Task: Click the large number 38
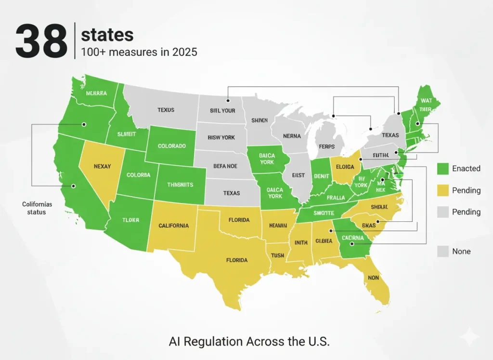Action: pyautogui.click(x=41, y=42)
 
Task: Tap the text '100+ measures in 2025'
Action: pyautogui.click(x=139, y=52)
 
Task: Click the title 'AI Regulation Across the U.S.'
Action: pyautogui.click(x=249, y=341)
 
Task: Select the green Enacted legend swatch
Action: pyautogui.click(x=442, y=168)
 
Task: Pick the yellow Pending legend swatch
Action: pyautogui.click(x=442, y=190)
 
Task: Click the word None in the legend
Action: pyautogui.click(x=461, y=251)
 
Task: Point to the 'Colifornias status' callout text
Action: pyautogui.click(x=37, y=208)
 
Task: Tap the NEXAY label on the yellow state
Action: pyautogui.click(x=102, y=166)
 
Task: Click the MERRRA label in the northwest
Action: pyautogui.click(x=96, y=93)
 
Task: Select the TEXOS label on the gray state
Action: pyautogui.click(x=166, y=110)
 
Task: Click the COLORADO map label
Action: pyautogui.click(x=171, y=146)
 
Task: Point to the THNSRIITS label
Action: pyautogui.click(x=180, y=185)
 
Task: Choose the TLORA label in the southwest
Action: pyautogui.click(x=130, y=220)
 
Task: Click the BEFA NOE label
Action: pyautogui.click(x=225, y=166)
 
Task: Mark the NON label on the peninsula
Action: pyautogui.click(x=373, y=278)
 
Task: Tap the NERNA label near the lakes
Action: pyautogui.click(x=292, y=136)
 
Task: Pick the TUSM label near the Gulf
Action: pyautogui.click(x=278, y=255)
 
